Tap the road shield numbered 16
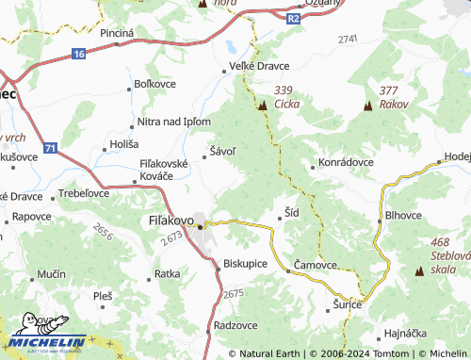pyautogui.click(x=77, y=55)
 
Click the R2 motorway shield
pyautogui.click(x=293, y=17)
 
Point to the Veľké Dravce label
pyautogui.click(x=259, y=66)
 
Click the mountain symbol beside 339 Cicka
pyautogui.click(x=263, y=106)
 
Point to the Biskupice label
pyautogui.click(x=247, y=264)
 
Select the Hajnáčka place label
pyautogui.click(x=409, y=334)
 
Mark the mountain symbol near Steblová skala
pyautogui.click(x=419, y=271)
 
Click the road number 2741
pyautogui.click(x=347, y=39)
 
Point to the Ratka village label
pyautogui.click(x=167, y=274)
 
